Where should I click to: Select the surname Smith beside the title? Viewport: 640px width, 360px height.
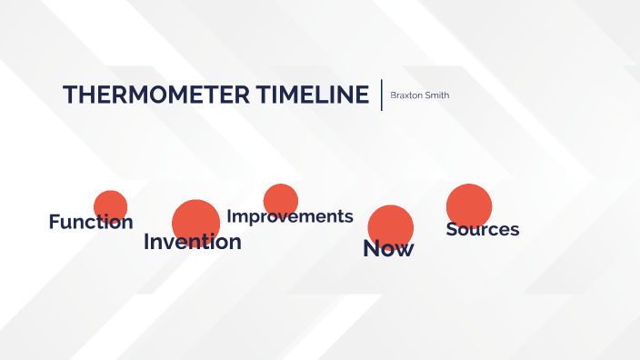pos(436,95)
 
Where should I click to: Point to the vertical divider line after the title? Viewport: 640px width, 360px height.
pos(381,95)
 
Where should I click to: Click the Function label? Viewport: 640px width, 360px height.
pos(90,222)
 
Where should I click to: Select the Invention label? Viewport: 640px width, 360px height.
pos(193,242)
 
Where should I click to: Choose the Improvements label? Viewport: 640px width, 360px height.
pos(289,216)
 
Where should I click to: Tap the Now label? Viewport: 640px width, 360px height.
pos(388,248)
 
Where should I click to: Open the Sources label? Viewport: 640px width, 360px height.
pos(482,229)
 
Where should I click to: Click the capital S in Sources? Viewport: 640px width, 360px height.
pos(451,229)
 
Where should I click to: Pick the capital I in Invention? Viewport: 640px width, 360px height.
pos(146,242)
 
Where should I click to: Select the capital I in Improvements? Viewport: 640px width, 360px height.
pos(229,216)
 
